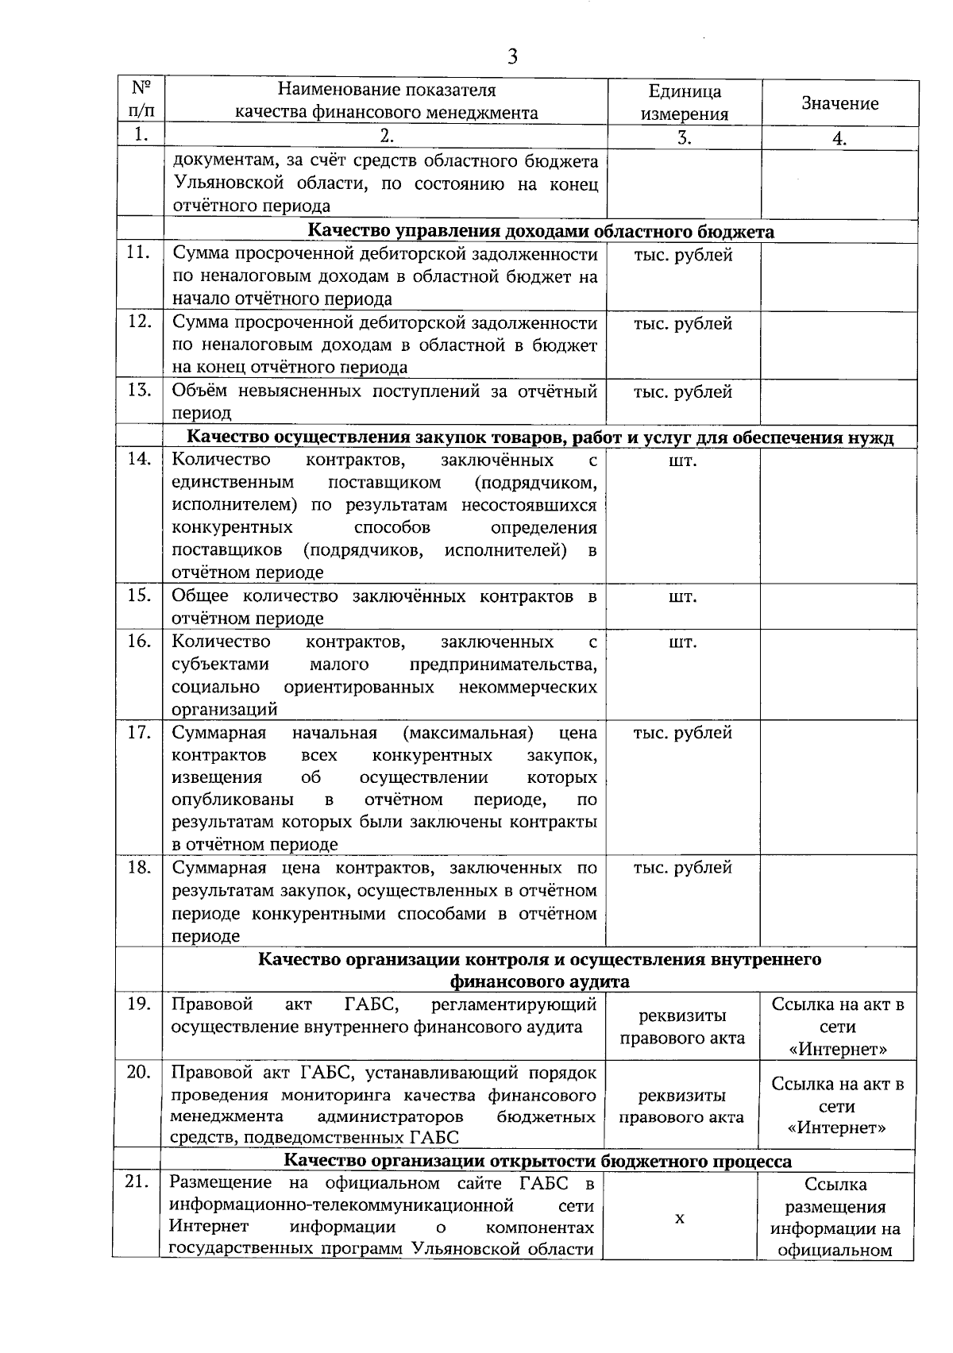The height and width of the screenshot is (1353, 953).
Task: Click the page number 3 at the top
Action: click(512, 57)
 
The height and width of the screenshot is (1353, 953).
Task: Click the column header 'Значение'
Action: click(839, 103)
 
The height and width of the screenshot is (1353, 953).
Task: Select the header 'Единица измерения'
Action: click(685, 102)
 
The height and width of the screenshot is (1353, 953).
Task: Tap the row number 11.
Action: click(139, 253)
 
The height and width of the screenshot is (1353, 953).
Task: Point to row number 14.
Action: click(139, 459)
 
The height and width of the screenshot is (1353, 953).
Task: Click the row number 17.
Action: click(139, 732)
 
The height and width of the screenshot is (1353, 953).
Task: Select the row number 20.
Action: click(139, 1072)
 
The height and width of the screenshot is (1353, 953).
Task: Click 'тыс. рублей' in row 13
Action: click(683, 392)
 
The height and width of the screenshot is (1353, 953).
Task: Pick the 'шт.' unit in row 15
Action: click(683, 596)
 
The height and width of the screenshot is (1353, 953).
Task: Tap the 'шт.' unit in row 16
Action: click(683, 642)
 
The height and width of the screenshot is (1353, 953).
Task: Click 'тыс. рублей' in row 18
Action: click(683, 868)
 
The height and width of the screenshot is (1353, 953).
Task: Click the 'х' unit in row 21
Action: click(680, 1218)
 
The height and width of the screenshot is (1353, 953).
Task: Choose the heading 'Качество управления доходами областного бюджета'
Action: click(541, 231)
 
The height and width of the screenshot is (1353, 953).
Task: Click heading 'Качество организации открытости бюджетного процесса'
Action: click(538, 1162)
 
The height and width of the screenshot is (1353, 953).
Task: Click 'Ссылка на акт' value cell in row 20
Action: click(838, 1105)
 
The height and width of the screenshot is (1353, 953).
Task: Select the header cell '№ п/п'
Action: click(141, 99)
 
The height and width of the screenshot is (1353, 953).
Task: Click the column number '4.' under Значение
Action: click(839, 138)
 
